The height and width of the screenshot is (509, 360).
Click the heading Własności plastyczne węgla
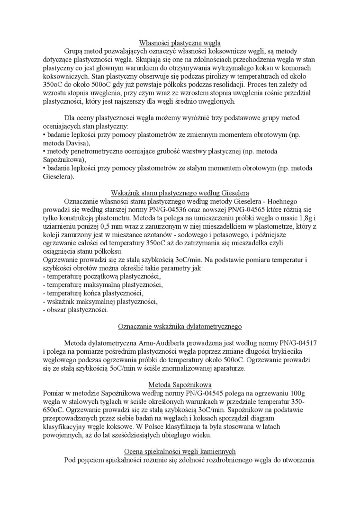coord(180,43)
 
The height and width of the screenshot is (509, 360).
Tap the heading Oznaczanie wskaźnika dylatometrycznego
coord(180,326)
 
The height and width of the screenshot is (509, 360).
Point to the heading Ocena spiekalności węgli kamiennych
coord(180,451)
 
